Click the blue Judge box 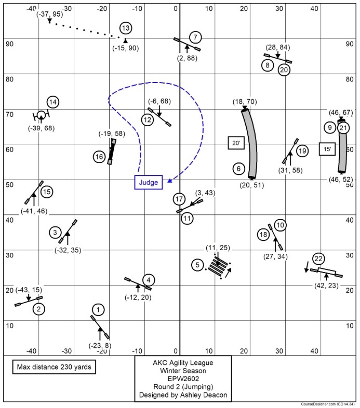[x=149, y=182]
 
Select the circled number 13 [x=125, y=28]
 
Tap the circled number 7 [x=195, y=37]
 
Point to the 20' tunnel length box [x=236, y=142]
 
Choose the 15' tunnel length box [x=327, y=149]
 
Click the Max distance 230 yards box [x=54, y=367]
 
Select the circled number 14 [x=53, y=102]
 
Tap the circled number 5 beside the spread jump [x=197, y=265]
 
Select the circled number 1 [x=100, y=310]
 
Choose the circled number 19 [x=302, y=151]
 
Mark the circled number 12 [x=148, y=120]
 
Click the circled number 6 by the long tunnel [x=238, y=169]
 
